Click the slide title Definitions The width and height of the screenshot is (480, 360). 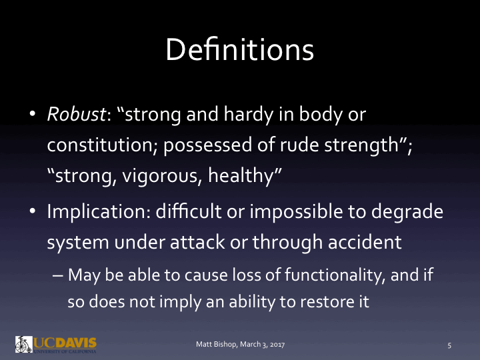point(239,50)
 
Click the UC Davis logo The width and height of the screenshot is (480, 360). point(56,344)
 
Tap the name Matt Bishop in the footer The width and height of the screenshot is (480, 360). point(215,345)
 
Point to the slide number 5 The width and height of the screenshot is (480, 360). point(449,345)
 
